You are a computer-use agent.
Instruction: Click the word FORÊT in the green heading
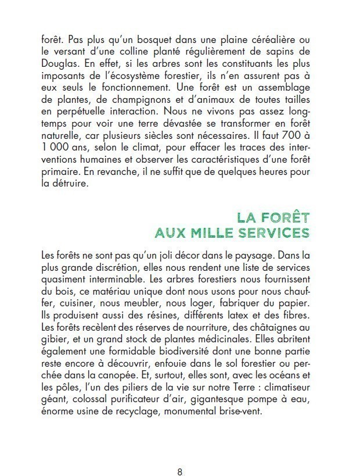point(280,218)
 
